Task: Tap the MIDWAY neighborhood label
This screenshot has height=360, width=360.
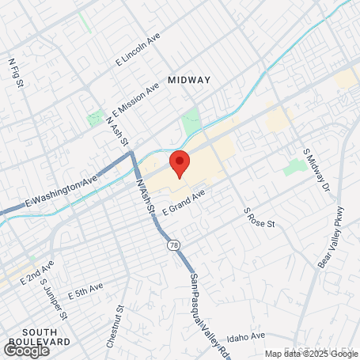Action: [189, 80]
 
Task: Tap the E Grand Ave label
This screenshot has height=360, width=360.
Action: [184, 202]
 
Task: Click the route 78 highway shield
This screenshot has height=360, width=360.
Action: [172, 246]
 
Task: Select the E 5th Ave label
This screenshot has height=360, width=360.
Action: [85, 291]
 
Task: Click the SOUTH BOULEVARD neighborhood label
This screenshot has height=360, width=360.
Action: [36, 336]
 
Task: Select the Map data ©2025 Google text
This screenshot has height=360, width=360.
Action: [311, 354]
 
